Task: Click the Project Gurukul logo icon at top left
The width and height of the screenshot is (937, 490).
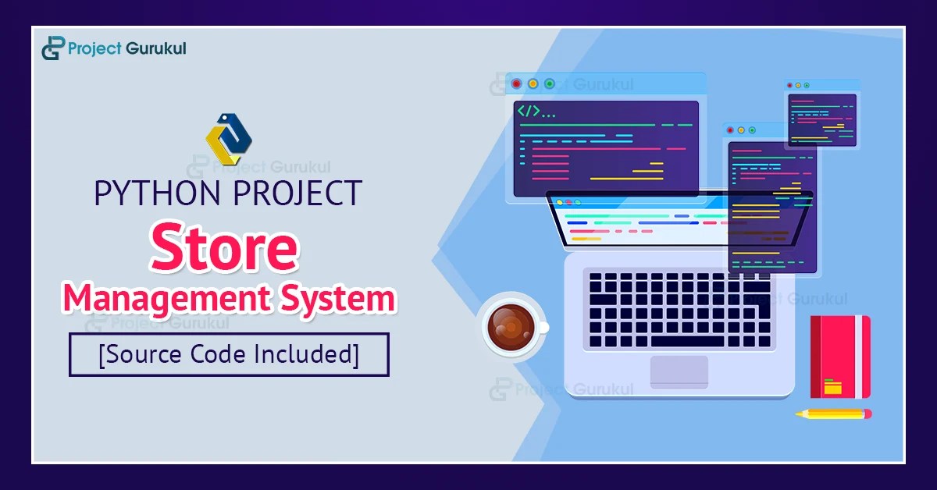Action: click(52, 48)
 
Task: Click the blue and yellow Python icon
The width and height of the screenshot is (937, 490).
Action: click(228, 140)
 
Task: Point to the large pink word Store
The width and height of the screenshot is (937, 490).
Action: click(226, 247)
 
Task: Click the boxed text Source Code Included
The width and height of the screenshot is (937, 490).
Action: click(229, 355)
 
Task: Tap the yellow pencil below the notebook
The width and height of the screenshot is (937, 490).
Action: click(834, 414)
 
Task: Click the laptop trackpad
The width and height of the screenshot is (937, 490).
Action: click(679, 371)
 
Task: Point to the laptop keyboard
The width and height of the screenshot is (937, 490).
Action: click(679, 308)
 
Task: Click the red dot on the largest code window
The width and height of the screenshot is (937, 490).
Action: click(516, 83)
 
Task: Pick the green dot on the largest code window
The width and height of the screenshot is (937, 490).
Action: click(549, 83)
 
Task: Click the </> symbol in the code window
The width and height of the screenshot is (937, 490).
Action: click(529, 112)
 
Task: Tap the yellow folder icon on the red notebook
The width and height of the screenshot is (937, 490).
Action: click(833, 386)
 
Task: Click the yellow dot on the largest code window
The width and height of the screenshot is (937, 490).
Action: click(533, 83)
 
